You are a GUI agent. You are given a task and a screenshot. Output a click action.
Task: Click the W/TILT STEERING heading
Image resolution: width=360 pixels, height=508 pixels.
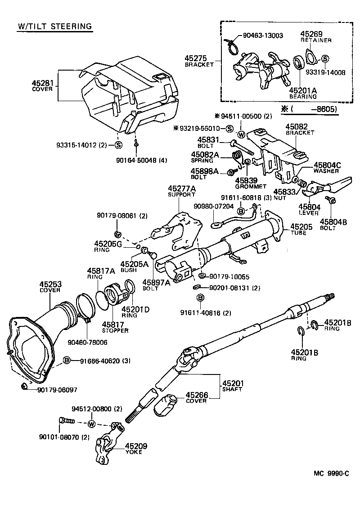(54, 26)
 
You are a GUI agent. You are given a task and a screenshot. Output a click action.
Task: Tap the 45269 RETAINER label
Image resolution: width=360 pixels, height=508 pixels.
(316, 37)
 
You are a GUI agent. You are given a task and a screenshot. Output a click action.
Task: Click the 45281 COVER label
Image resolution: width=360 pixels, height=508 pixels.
(42, 85)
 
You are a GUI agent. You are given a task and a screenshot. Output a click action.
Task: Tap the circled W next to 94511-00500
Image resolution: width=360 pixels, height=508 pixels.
(241, 134)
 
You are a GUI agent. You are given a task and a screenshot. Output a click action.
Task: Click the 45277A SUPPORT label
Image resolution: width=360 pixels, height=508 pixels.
(181, 191)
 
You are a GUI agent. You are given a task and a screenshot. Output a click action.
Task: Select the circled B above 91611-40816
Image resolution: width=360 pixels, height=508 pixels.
(200, 298)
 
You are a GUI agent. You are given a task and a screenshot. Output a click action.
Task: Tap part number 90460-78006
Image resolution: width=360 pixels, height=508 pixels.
(87, 342)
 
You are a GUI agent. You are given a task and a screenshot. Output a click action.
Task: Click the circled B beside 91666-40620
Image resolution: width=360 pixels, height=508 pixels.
(67, 361)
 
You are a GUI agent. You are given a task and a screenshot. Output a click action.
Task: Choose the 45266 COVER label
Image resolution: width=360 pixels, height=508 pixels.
(196, 398)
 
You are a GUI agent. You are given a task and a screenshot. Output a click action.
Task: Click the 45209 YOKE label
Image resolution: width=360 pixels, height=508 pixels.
(135, 449)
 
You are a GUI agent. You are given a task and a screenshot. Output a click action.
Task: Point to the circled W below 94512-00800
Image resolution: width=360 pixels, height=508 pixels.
(91, 424)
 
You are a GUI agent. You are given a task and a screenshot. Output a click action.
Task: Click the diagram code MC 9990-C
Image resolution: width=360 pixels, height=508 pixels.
(331, 473)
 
